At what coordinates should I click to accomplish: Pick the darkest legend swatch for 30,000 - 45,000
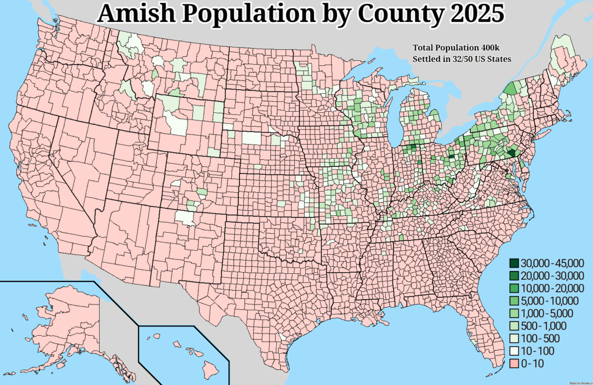click(513, 262)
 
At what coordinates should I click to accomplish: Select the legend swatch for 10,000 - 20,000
click(513, 288)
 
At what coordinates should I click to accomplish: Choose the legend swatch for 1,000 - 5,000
click(513, 313)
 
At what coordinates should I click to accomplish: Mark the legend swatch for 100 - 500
click(513, 338)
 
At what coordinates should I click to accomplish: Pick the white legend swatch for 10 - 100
click(513, 351)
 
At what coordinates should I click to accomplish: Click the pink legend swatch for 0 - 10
click(513, 364)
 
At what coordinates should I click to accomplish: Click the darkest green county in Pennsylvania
click(511, 153)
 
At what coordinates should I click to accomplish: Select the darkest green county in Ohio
click(451, 157)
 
